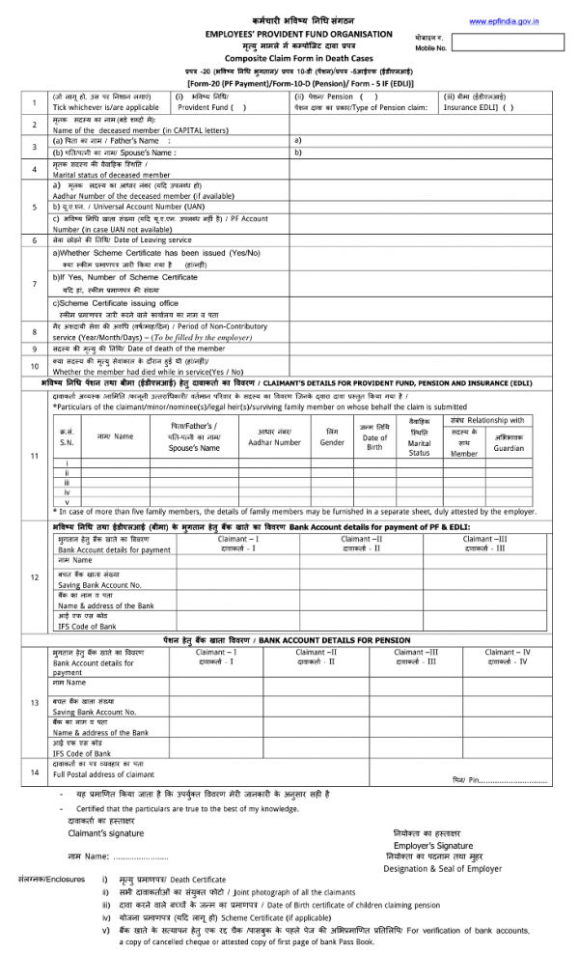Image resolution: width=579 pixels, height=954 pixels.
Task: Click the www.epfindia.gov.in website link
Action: pos(503,20)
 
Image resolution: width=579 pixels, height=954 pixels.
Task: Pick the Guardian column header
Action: pos(509,448)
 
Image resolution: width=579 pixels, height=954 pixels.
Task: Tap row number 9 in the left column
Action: pos(34,349)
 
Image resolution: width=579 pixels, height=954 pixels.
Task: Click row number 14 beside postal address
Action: pos(34,772)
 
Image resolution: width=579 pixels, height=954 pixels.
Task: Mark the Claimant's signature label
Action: pos(105,832)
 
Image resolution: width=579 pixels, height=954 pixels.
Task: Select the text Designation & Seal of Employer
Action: pos(442,868)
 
